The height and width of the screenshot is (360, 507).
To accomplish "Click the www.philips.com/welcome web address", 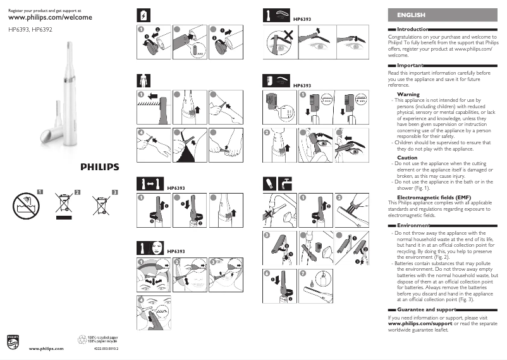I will pyautogui.click(x=49, y=17).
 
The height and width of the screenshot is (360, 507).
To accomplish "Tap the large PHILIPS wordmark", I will pyautogui.click(x=99, y=167).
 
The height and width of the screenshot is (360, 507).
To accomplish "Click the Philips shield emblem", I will pyautogui.click(x=13, y=342).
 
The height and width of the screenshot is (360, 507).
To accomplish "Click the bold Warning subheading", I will pyautogui.click(x=408, y=94).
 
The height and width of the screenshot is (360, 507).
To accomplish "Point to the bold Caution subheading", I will pyautogui.click(x=407, y=158).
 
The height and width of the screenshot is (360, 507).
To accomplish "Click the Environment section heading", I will pyautogui.click(x=413, y=225).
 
